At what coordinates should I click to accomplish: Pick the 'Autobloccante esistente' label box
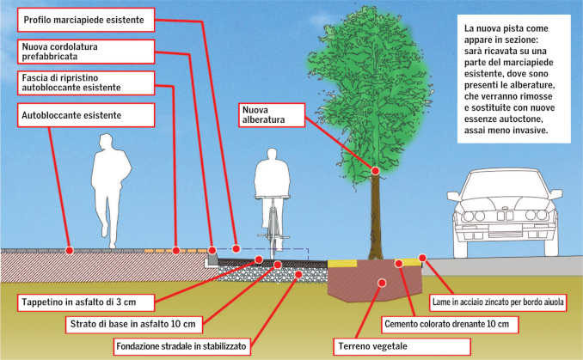click(72, 114)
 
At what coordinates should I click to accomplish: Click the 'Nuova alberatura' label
click(270, 115)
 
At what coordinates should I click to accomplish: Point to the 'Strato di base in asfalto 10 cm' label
click(135, 325)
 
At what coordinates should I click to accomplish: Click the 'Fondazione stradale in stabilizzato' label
click(181, 347)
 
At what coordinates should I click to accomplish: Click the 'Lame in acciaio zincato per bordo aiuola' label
click(501, 302)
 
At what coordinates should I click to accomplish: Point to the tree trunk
click(375, 215)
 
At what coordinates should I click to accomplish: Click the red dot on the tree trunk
click(375, 172)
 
